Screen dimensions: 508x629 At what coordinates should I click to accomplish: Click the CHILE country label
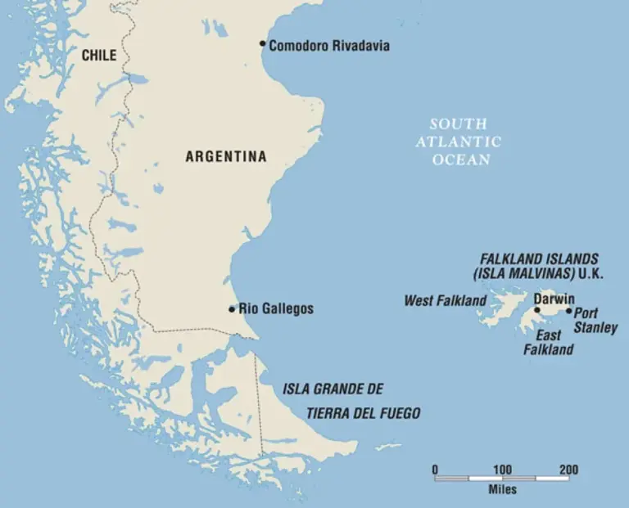pyautogui.click(x=98, y=56)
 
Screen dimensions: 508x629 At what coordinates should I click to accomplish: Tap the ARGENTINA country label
pyautogui.click(x=226, y=156)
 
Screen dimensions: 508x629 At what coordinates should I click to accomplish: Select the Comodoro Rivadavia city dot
pyautogui.click(x=262, y=43)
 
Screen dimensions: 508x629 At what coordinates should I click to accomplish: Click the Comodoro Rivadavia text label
pyautogui.click(x=329, y=46)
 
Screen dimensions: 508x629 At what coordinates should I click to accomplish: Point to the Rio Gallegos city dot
pyautogui.click(x=232, y=309)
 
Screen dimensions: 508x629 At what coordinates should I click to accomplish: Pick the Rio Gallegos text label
pyautogui.click(x=276, y=309)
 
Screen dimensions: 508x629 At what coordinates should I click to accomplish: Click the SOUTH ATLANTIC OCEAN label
pyautogui.click(x=458, y=142)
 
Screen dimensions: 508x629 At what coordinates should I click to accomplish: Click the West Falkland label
pyautogui.click(x=445, y=301)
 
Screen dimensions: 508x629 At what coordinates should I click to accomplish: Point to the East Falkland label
pyautogui.click(x=548, y=343)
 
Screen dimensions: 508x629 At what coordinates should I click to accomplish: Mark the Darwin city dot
pyautogui.click(x=537, y=310)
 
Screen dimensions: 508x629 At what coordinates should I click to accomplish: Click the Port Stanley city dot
pyautogui.click(x=569, y=311)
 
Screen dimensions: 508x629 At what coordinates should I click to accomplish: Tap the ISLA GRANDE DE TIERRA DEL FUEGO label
pyautogui.click(x=351, y=401)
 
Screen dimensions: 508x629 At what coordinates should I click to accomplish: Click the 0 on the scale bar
pyautogui.click(x=435, y=470)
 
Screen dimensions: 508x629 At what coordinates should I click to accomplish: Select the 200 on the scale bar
pyautogui.click(x=568, y=470)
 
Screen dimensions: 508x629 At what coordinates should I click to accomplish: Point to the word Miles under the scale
pyautogui.click(x=502, y=490)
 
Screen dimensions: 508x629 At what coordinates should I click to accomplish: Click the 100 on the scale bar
pyautogui.click(x=502, y=470)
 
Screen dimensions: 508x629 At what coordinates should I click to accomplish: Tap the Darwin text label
pyautogui.click(x=554, y=299)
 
